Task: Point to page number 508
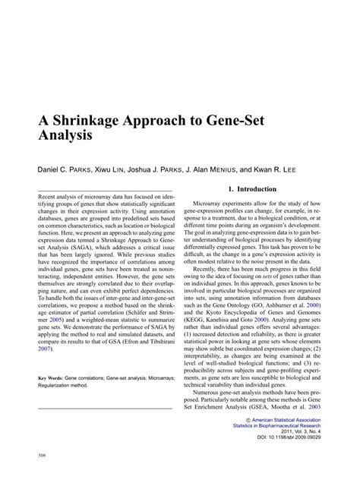(x=42, y=456)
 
